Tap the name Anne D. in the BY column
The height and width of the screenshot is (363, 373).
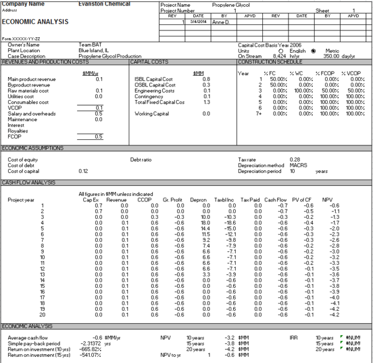click(221, 22)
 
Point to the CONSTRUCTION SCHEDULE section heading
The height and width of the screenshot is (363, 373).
click(268, 62)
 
